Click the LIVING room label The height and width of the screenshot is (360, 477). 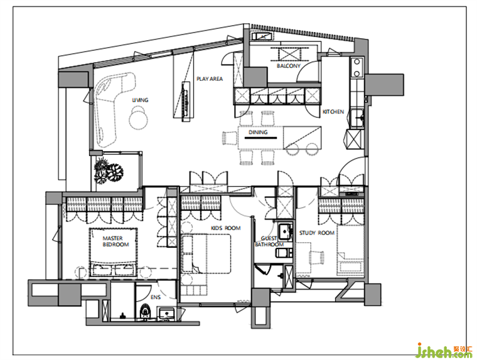140,100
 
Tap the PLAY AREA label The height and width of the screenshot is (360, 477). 210,79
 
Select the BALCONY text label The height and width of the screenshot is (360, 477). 288,66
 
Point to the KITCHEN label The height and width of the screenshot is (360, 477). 333,112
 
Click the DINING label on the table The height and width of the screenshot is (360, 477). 258,132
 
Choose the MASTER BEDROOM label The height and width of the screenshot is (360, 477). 115,241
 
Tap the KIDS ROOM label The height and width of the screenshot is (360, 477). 226,228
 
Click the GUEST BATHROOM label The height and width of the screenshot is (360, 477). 269,241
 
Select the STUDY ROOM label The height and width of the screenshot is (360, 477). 317,233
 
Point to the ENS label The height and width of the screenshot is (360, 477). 156,297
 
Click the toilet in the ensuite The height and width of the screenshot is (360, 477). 146,311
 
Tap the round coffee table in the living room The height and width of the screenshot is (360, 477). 139,119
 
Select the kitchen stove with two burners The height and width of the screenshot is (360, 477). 356,68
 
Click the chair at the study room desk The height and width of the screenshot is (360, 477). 316,257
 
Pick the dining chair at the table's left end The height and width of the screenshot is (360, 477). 230,139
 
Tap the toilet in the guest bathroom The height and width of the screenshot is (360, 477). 284,253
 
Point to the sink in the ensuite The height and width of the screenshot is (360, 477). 166,314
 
